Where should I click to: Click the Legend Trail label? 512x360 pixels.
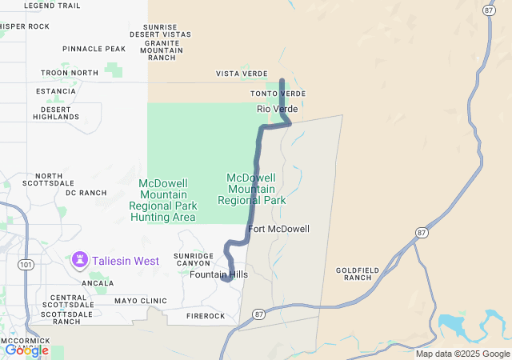[53, 6]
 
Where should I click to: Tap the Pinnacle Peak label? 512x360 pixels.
[94, 49]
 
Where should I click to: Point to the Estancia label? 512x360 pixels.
[56, 91]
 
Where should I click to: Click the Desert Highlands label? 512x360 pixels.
[56, 113]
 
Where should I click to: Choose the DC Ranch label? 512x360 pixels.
[86, 193]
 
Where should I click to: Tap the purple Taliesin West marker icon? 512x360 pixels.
[80, 260]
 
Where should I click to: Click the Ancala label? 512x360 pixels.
[98, 283]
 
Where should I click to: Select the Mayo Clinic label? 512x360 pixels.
[140, 302]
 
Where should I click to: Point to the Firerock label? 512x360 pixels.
[206, 316]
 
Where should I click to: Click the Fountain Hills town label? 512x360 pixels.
[218, 274]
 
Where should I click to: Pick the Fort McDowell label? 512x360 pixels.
[278, 229]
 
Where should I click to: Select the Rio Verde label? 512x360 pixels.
[277, 109]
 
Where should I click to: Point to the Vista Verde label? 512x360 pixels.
[242, 74]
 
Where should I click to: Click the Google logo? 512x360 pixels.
[26, 350]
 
